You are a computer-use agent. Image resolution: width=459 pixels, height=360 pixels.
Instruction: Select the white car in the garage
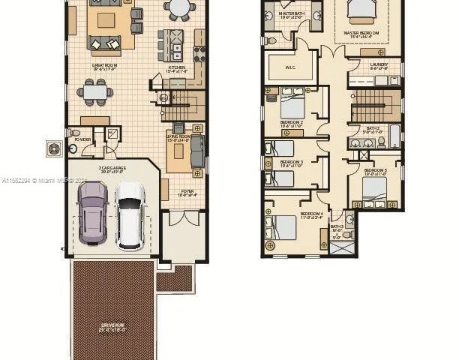[x=130, y=214]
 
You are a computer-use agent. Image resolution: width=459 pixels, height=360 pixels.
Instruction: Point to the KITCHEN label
[x=175, y=68]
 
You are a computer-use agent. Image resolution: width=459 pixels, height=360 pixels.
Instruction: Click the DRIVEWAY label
[x=112, y=326]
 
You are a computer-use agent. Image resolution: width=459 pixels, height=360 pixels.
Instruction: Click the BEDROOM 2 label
[x=292, y=122]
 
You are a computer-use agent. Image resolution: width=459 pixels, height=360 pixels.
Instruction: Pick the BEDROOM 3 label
[x=292, y=163]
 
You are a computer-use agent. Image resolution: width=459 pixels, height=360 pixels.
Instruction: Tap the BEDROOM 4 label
[x=312, y=215]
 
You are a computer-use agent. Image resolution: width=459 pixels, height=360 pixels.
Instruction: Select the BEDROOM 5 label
[x=376, y=171]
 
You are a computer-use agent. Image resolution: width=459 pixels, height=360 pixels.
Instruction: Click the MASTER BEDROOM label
[x=361, y=34]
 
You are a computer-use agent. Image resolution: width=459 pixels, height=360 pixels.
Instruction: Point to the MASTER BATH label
[x=291, y=14]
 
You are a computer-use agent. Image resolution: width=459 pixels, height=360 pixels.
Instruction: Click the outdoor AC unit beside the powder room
[x=54, y=148]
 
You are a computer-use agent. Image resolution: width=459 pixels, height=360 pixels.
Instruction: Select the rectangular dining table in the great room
[x=95, y=92]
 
